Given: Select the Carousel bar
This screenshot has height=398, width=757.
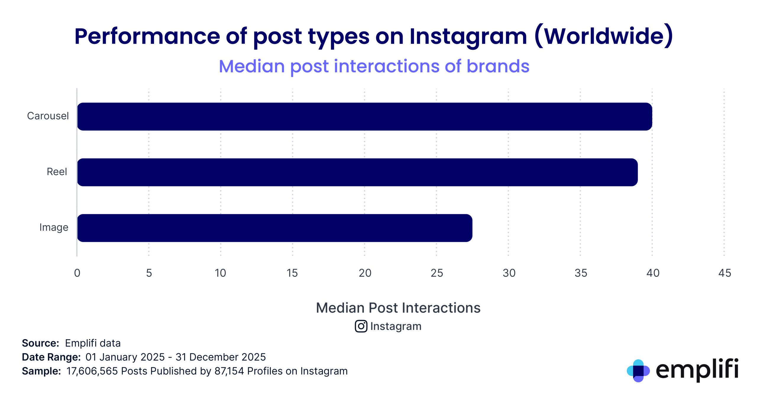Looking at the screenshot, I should [364, 116].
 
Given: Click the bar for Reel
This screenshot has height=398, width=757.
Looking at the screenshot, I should [357, 172].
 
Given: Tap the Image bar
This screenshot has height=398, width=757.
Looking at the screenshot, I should [274, 228].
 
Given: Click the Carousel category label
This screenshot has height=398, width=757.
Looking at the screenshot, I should [48, 116].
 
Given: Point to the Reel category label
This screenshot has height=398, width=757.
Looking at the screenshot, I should [57, 171].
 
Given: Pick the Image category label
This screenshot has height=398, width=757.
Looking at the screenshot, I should [54, 227].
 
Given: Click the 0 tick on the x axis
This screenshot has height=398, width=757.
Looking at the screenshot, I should [77, 273].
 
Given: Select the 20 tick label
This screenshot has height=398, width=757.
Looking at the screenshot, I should [365, 273].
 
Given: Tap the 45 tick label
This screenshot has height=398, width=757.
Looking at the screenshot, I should [724, 273].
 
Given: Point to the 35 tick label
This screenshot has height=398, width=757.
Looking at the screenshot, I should [581, 273].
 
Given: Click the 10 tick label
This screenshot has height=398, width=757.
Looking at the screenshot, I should [220, 273].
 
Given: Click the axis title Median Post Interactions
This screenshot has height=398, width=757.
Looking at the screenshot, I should [398, 308].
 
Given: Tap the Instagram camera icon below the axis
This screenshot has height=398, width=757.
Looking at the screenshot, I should [361, 326].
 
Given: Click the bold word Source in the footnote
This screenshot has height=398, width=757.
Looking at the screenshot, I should [40, 343].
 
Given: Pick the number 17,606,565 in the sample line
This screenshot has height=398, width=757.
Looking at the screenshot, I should [92, 371].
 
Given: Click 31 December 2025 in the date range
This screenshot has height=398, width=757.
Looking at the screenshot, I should [221, 357].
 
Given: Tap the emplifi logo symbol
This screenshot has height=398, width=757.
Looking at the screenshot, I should [638, 370].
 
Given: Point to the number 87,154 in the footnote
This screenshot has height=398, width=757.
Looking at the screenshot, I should [229, 371].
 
